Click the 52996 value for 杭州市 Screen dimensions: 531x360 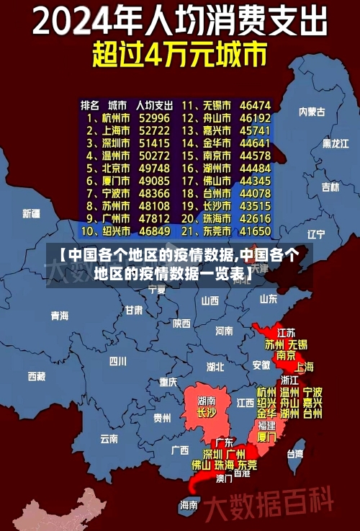coord(155,117)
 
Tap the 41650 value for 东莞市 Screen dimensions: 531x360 coord(256,231)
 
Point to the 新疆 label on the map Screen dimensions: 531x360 coord(32,213)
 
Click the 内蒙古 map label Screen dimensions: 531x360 coord(312,112)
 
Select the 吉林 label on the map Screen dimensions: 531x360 coord(330,187)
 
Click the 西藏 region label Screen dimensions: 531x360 coord(37,376)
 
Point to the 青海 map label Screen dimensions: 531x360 coord(60,316)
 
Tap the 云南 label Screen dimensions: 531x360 coord(109,438)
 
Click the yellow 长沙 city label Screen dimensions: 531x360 coord(207,413)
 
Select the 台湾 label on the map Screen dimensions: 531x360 coord(295,454)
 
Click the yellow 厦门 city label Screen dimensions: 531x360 coord(266,437)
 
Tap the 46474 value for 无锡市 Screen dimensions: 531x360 coord(256,104)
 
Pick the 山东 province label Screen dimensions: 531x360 coord(268,298)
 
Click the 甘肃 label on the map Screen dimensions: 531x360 coord(134,311)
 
